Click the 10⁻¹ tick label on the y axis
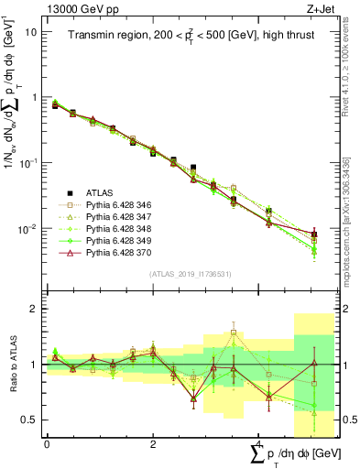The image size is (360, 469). click(x=28, y=162)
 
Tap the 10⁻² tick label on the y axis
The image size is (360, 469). click(x=28, y=228)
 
